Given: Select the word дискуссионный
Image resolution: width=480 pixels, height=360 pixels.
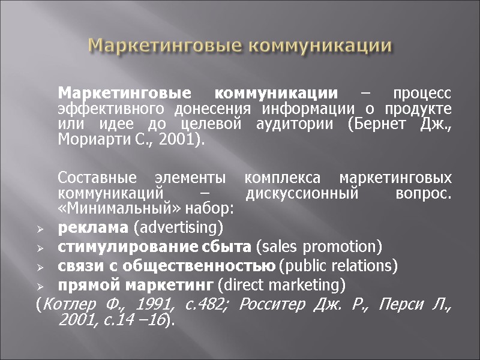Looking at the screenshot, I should pos(302,194).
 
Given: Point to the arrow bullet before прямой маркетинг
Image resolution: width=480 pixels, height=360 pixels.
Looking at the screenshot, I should pos(40,284).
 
